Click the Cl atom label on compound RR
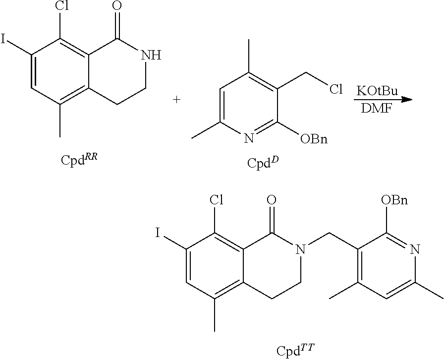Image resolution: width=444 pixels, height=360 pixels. click(61, 6)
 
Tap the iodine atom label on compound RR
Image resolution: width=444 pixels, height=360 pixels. click(3, 39)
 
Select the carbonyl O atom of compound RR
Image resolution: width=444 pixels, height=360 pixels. click(118, 6)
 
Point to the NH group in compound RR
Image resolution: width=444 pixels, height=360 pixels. click(151, 55)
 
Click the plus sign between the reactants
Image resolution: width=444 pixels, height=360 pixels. click(176, 100)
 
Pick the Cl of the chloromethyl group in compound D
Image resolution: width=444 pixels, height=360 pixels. click(336, 89)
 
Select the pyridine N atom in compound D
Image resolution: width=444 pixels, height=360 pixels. click(249, 139)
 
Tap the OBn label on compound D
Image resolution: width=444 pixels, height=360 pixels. click(314, 139)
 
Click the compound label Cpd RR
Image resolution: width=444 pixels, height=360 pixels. click(79, 159)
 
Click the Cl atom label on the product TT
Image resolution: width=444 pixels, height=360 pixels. click(217, 200)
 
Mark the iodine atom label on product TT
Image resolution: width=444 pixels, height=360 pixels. click(158, 233)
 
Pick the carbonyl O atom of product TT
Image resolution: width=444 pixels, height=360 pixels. click(272, 200)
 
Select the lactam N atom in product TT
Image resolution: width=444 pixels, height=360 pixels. click(300, 249)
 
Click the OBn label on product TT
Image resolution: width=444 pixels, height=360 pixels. click(394, 200)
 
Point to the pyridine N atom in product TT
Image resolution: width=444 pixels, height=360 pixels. click(415, 249)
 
